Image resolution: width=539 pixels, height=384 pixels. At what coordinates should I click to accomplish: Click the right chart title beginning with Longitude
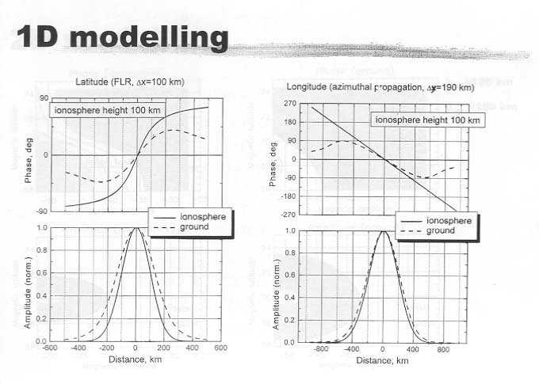click(x=380, y=87)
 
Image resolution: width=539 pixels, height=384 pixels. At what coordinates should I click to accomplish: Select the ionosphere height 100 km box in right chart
click(x=427, y=120)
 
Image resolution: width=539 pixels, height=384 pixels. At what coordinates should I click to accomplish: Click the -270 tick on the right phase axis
click(x=289, y=215)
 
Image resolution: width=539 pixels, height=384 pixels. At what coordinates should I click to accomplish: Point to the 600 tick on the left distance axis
click(x=221, y=348)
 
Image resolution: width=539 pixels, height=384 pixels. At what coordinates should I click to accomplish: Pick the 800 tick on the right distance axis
click(x=445, y=349)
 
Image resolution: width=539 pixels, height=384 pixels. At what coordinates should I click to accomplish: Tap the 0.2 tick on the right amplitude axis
click(x=290, y=321)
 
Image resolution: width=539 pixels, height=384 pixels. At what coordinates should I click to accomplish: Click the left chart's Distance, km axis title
click(x=136, y=359)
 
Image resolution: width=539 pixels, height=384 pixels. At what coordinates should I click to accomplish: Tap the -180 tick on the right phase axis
click(x=289, y=196)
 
